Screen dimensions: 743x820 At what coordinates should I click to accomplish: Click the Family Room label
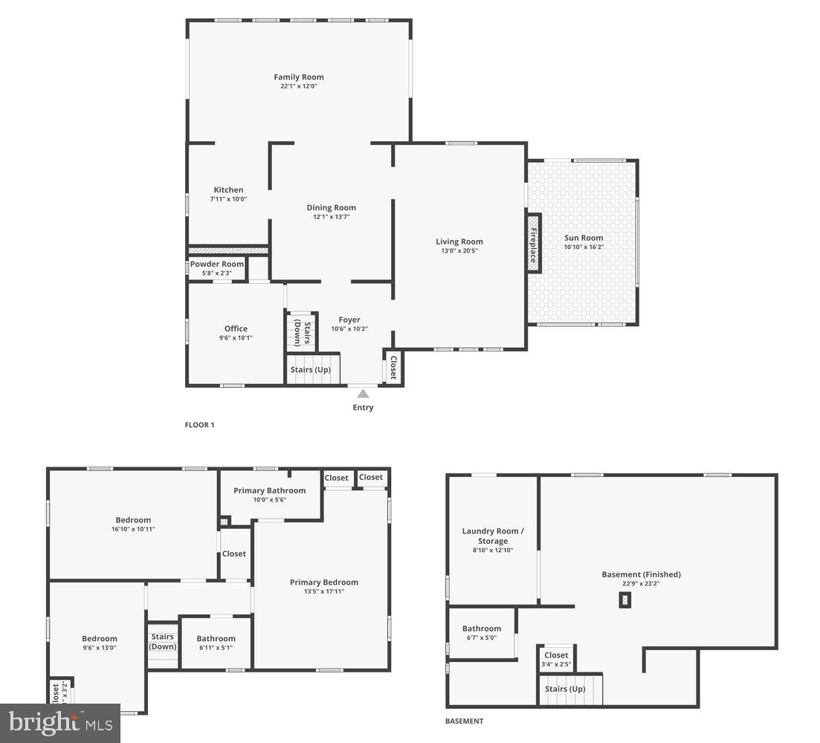pyautogui.click(x=298, y=77)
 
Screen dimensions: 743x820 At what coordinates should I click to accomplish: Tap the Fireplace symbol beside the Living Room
pyautogui.click(x=533, y=243)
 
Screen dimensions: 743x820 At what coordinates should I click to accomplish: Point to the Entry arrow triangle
pyautogui.click(x=363, y=394)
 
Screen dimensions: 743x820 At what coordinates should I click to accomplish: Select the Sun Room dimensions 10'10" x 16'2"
pyautogui.click(x=584, y=247)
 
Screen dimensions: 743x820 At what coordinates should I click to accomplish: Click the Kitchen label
pyautogui.click(x=228, y=190)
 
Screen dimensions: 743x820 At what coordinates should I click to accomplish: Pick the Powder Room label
pyautogui.click(x=217, y=264)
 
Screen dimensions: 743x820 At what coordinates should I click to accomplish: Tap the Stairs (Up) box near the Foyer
pyautogui.click(x=311, y=369)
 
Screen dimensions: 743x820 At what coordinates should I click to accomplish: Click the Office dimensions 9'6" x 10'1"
pyautogui.click(x=236, y=338)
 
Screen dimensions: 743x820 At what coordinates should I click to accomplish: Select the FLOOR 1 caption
pyautogui.click(x=199, y=426)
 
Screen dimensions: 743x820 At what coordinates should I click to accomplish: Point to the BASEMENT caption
pyautogui.click(x=464, y=721)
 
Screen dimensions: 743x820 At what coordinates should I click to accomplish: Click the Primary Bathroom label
pyautogui.click(x=269, y=490)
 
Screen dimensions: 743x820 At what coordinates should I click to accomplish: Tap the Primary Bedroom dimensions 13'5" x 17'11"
pyautogui.click(x=323, y=591)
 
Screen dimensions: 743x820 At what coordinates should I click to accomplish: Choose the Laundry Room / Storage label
pyautogui.click(x=493, y=536)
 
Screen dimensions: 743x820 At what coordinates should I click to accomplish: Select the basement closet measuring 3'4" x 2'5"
pyautogui.click(x=556, y=659)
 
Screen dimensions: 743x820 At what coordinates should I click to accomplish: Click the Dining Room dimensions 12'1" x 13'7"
pyautogui.click(x=331, y=217)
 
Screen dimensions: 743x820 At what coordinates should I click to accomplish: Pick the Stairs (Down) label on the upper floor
pyautogui.click(x=163, y=641)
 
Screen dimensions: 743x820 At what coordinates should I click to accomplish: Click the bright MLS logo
pyautogui.click(x=60, y=723)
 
